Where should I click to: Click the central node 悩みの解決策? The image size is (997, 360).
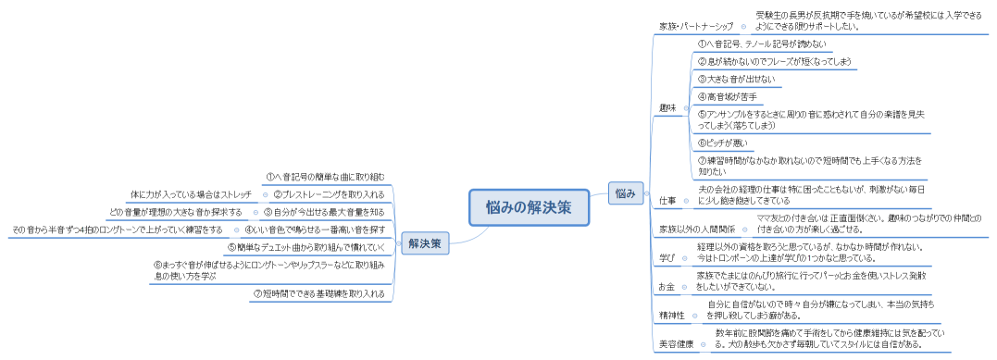[x=528, y=207]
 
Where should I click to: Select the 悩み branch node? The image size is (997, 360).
[x=625, y=192]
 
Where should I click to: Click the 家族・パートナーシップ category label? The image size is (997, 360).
[x=695, y=26]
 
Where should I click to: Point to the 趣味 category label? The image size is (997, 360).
[x=667, y=108]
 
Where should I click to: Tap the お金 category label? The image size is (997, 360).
[x=667, y=287]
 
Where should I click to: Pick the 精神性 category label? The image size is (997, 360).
[x=672, y=315]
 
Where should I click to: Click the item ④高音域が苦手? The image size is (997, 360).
[x=727, y=96]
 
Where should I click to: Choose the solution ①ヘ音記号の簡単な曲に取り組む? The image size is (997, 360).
[x=324, y=176]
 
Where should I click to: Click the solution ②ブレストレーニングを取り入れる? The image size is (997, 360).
[x=329, y=194]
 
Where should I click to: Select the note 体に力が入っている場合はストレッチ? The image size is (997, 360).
[x=191, y=194]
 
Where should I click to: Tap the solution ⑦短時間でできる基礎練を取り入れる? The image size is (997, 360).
[x=318, y=293]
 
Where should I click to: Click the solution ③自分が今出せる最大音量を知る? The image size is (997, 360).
[x=324, y=212]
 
